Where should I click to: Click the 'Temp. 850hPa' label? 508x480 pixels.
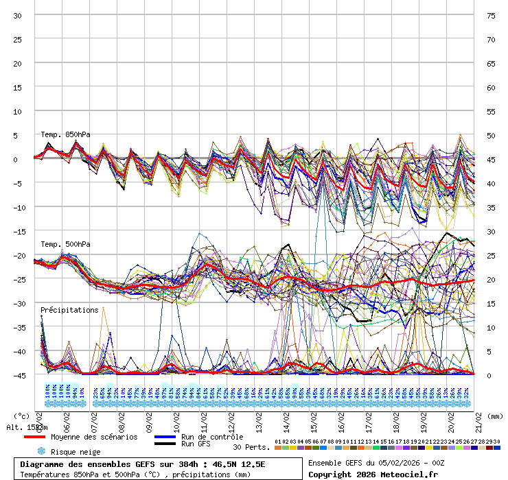click(65, 134)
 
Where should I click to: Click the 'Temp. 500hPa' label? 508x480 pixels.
click(65, 244)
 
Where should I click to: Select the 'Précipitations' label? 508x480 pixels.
click(69, 310)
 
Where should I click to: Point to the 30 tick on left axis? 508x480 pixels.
click(18, 15)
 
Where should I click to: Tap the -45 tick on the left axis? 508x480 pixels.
click(18, 375)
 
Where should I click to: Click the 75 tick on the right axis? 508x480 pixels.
click(491, 15)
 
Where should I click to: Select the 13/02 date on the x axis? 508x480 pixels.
click(259, 416)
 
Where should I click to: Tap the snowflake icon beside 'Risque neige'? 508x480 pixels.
click(41, 451)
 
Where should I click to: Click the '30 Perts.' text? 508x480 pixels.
click(250, 447)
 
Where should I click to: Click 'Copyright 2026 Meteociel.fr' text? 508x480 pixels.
click(373, 474)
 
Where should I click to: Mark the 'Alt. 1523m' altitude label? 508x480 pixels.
click(27, 427)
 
